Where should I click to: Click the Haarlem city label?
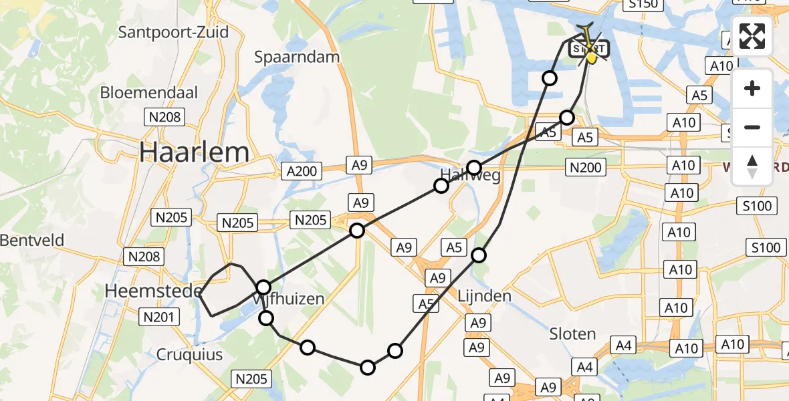(194, 152)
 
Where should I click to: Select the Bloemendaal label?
(149, 93)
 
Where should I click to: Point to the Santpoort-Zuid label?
(173, 32)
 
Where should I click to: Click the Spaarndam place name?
(297, 57)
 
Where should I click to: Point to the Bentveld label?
(32, 239)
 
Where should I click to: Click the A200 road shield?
(301, 171)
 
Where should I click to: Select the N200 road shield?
(586, 167)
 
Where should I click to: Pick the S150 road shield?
(642, 5)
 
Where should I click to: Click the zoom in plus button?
(752, 88)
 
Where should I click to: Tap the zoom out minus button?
(752, 127)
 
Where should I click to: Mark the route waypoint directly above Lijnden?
(479, 255)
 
